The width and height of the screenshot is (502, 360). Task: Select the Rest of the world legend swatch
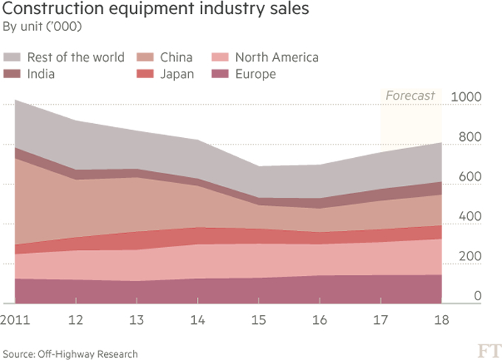[x=12, y=58]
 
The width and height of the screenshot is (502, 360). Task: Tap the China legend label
[x=176, y=58]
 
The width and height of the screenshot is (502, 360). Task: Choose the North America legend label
[x=276, y=58]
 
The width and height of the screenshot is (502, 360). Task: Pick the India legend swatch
[x=12, y=74]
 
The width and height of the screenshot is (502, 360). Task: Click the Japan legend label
[x=178, y=74]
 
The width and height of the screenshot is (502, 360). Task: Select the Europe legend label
[x=255, y=74]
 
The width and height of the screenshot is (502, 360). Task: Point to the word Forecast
[x=410, y=96]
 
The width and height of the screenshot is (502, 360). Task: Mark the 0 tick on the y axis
[x=478, y=297]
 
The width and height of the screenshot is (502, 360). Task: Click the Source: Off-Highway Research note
[x=70, y=354]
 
